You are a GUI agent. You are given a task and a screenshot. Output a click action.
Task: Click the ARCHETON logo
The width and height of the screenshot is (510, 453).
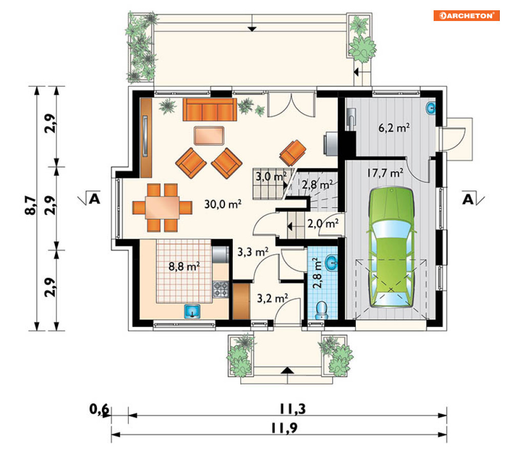(x=466, y=15)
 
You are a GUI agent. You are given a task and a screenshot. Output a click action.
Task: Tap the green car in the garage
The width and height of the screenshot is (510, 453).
(x=391, y=247)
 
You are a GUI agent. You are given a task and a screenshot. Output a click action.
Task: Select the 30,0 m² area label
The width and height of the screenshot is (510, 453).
(x=223, y=204)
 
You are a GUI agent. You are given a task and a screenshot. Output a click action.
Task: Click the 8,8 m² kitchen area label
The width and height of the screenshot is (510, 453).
(x=184, y=266)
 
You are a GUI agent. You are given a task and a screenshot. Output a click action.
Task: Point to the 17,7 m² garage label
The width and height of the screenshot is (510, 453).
(x=385, y=173)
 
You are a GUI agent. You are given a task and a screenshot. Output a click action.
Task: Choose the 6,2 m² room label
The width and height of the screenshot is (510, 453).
(x=394, y=128)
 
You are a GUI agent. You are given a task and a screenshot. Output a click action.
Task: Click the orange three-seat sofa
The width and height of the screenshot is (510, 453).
(x=210, y=110)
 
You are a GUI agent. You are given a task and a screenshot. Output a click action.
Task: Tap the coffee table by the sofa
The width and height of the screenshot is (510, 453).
(x=209, y=136)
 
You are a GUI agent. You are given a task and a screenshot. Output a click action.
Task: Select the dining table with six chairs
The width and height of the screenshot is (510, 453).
(x=162, y=208)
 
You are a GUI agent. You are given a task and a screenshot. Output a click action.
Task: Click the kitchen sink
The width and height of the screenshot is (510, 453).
(x=192, y=311)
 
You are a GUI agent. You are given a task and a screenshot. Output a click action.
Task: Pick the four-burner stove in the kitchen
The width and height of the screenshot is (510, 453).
(x=220, y=290)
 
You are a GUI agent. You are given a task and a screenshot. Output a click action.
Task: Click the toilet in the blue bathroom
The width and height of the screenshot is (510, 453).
(x=322, y=310)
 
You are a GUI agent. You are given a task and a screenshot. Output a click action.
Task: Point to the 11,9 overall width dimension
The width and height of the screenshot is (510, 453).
(x=284, y=428)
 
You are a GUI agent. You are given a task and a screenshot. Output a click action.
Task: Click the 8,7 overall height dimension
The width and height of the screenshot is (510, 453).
(x=31, y=205)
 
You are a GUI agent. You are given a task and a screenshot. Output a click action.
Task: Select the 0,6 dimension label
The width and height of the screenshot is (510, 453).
(x=99, y=409)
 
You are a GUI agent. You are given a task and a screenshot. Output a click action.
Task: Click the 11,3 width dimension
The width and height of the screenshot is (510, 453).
(x=293, y=409)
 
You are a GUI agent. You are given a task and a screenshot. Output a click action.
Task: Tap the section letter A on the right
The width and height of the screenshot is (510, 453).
(x=468, y=199)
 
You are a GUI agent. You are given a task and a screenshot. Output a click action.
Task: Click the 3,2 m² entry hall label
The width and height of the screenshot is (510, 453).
(x=272, y=298)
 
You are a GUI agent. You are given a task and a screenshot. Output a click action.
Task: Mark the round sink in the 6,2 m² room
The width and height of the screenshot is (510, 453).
(x=431, y=109)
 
